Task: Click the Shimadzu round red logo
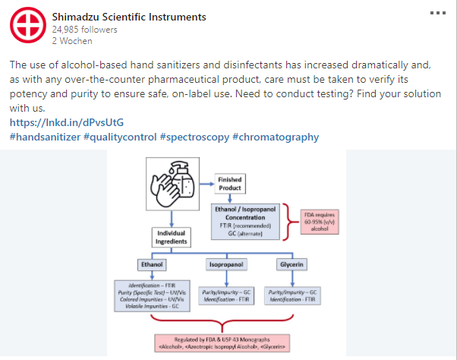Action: point(27,28)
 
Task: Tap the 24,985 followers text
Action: point(85,30)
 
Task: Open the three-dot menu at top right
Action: point(439,13)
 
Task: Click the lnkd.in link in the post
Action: point(67,122)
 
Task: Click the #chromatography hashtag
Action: point(276,137)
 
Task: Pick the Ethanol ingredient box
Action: point(150,266)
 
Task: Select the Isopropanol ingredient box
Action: point(225,266)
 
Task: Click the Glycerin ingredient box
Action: point(292,266)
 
